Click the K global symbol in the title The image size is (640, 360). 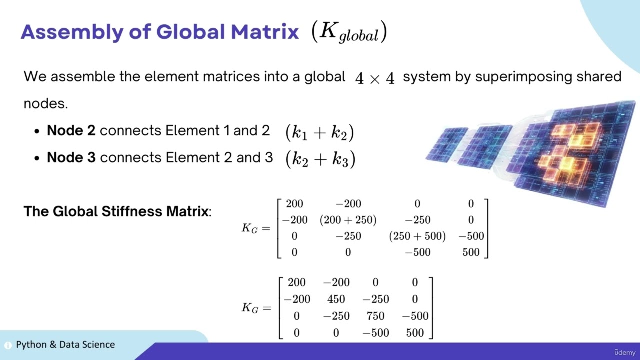coord(349,33)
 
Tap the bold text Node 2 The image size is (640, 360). coord(71,131)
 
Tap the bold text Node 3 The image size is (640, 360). coord(71,158)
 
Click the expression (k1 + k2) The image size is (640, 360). coord(319,132)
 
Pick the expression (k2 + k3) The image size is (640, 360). coord(320,159)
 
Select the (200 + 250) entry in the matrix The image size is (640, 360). coord(348,220)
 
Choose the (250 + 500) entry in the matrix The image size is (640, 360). coord(417,236)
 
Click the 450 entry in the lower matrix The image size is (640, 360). coord(336,299)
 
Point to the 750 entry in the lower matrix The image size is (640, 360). coord(375,316)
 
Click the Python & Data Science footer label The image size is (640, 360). coord(65,345)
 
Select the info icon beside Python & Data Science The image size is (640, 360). coord(8,345)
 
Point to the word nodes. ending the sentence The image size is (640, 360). coord(45,104)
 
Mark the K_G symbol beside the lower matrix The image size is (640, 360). coord(250,308)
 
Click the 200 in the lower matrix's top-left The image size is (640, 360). coord(296,282)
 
